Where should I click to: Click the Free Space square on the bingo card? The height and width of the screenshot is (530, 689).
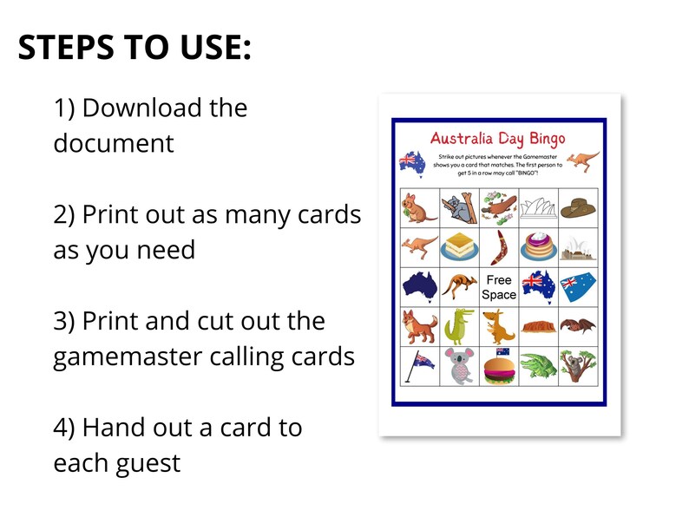[499, 287]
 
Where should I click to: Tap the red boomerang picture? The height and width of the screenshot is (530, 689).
[500, 247]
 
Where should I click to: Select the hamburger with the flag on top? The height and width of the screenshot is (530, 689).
[500, 368]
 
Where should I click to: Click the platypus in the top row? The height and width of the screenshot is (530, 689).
[500, 208]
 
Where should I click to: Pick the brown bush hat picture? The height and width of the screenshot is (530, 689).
[578, 208]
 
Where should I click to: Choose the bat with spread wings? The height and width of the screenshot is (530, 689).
[578, 327]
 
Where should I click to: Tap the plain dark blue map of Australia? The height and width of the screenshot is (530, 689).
[419, 286]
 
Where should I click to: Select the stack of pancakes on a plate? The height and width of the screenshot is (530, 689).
[539, 247]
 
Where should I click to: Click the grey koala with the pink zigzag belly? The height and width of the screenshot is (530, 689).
[459, 367]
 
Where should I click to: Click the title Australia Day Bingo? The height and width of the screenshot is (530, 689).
[497, 139]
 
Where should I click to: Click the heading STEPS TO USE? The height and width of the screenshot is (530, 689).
[135, 47]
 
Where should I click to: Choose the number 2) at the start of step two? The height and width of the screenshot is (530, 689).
[64, 215]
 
